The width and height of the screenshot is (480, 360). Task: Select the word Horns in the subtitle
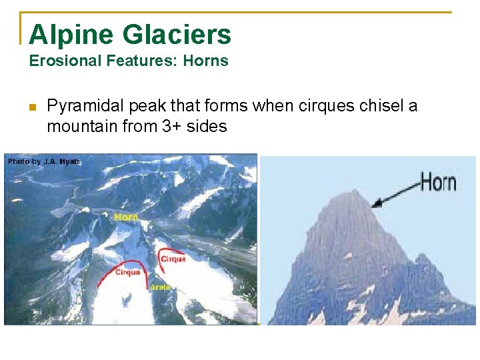206,61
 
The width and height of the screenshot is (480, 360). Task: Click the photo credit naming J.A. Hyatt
43,162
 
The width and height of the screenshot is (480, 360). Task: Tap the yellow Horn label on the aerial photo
126,217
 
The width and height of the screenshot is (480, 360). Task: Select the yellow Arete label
160,287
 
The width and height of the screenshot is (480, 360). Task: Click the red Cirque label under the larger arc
127,272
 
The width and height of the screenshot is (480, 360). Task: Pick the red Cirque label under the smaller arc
173,259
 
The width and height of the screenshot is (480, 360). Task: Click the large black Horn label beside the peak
438,181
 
